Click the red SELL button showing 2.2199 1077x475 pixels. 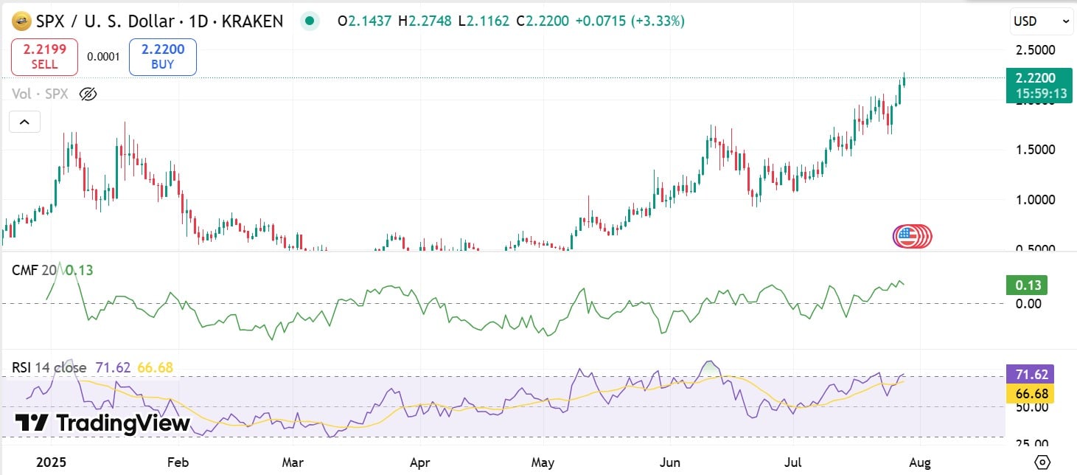(44, 57)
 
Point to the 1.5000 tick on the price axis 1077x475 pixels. (1034, 150)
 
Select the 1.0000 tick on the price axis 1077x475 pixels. (1034, 200)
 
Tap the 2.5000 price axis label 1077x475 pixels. (1034, 51)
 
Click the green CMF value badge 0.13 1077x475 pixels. (1027, 285)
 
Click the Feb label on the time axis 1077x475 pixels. (178, 463)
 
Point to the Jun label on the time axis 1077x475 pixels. (669, 463)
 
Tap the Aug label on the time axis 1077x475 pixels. (920, 463)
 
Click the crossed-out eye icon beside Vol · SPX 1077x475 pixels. (88, 94)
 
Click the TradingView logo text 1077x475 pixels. (103, 423)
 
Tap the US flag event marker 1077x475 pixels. (907, 236)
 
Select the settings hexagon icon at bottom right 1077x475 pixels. (1042, 462)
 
